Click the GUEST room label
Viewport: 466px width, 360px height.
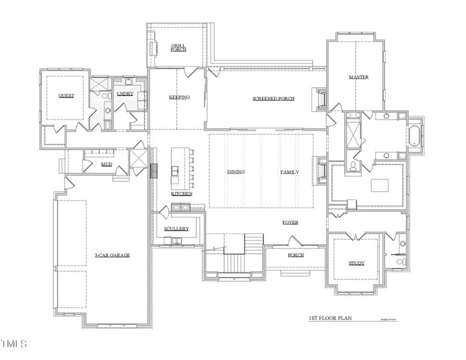point(66,96)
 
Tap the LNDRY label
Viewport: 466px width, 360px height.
point(125,94)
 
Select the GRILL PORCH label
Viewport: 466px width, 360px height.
point(178,47)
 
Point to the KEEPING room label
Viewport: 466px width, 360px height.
point(179,97)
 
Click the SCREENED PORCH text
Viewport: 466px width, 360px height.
point(273,98)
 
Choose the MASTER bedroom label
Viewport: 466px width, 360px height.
point(358,77)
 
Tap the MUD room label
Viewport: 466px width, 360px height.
point(106,164)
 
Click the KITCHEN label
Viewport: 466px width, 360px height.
point(182,194)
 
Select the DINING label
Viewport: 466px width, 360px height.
point(236,172)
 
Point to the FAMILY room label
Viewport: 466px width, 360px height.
point(290,172)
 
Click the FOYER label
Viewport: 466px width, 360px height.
point(290,223)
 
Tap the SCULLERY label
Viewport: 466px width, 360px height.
point(176,229)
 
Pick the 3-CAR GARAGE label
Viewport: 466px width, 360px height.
point(112,255)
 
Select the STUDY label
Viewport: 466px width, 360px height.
point(357,263)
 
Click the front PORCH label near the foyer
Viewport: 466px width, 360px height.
point(295,255)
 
